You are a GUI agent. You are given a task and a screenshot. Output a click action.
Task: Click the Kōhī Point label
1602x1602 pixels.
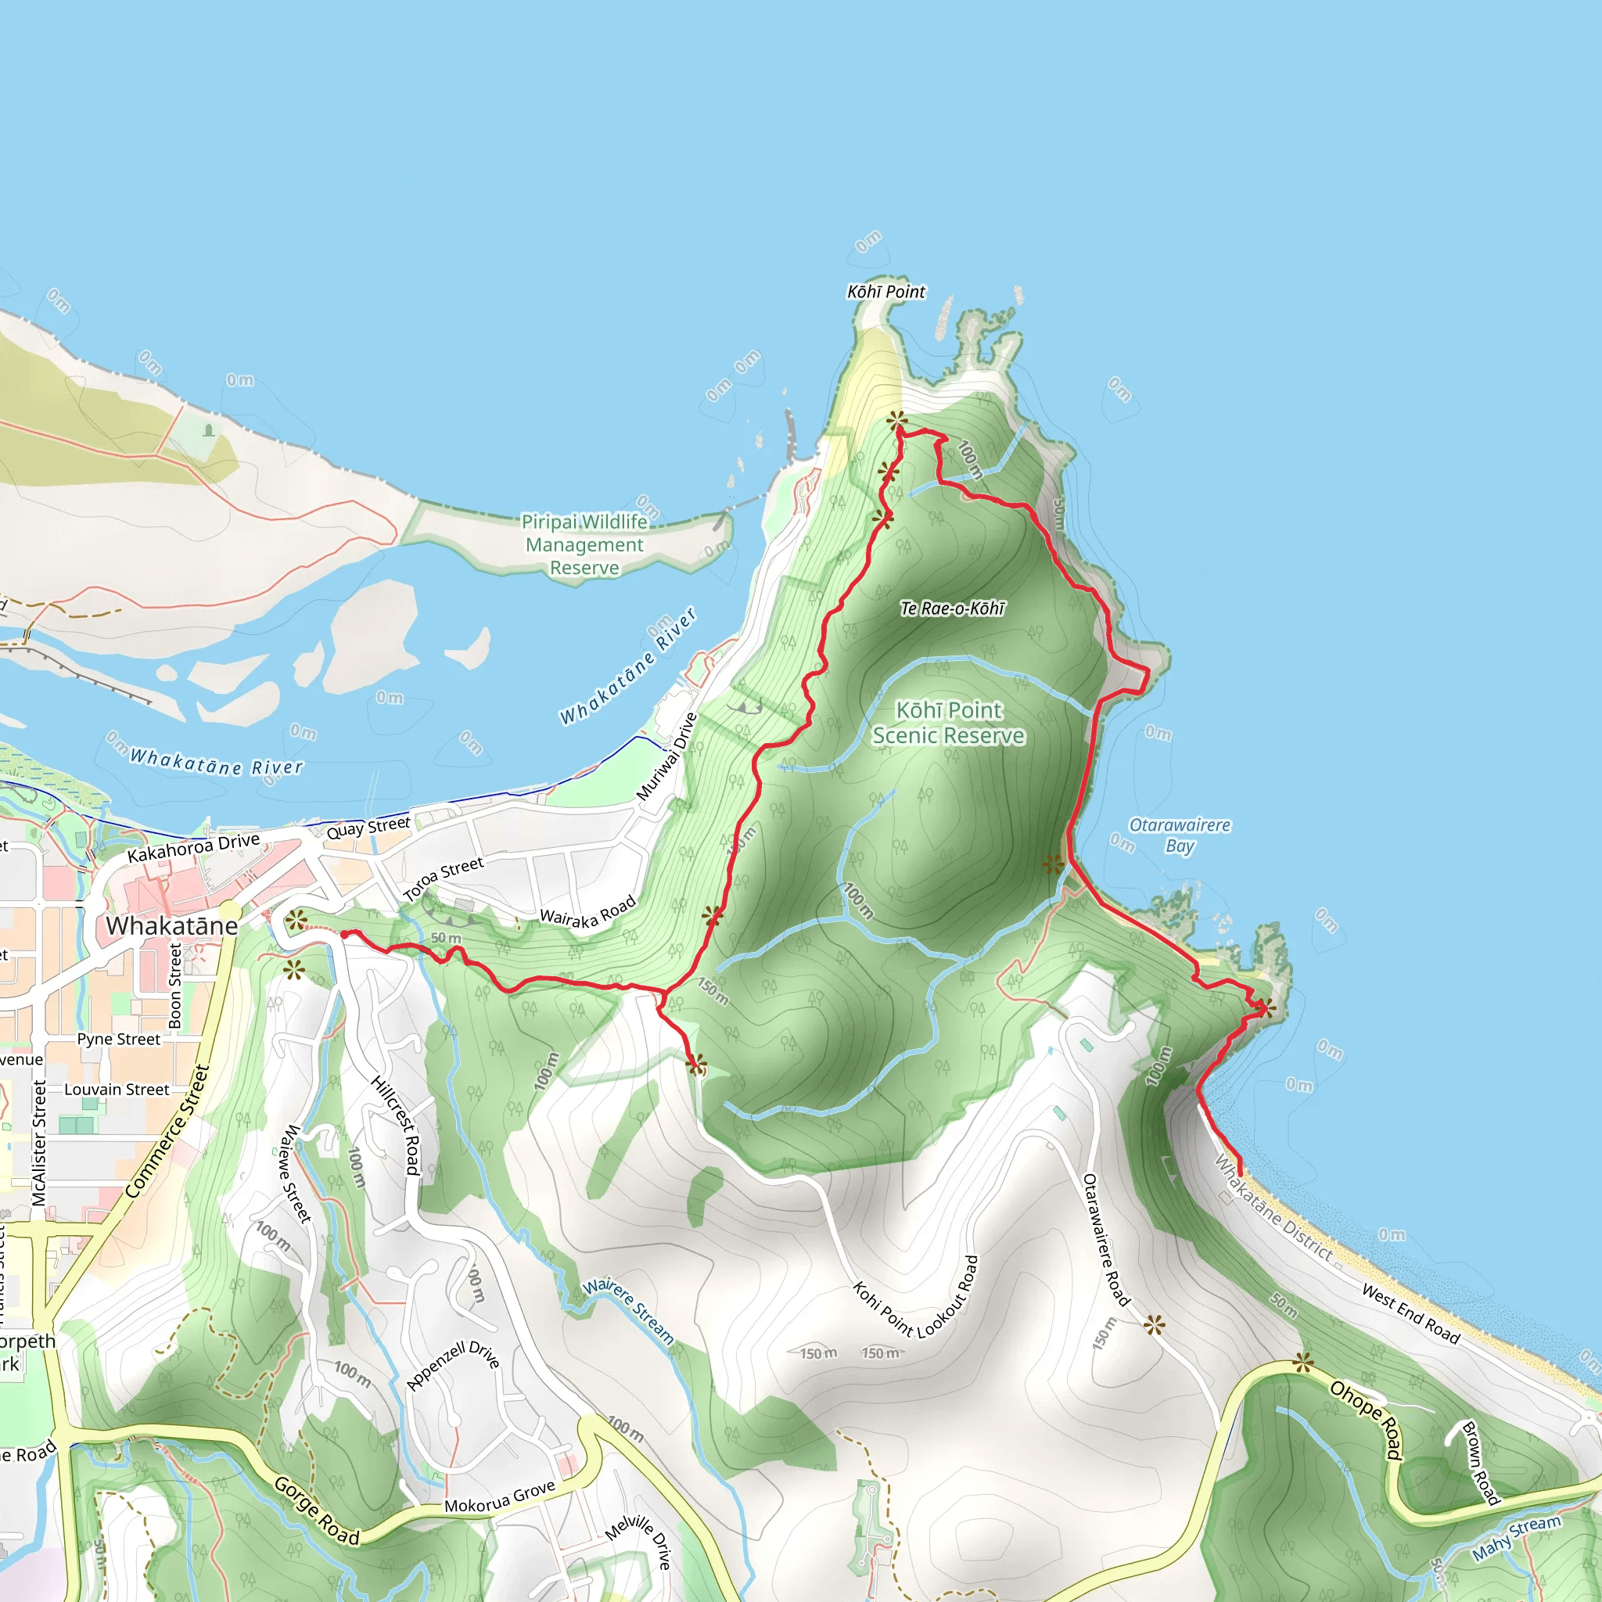click(885, 292)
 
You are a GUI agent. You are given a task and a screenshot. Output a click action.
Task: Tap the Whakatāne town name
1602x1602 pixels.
click(171, 925)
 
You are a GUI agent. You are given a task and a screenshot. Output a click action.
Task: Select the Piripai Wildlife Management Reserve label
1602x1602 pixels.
click(584, 544)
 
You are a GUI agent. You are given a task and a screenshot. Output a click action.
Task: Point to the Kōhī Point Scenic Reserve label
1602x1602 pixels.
click(949, 723)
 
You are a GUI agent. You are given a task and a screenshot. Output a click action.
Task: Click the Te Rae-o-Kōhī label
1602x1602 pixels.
click(952, 609)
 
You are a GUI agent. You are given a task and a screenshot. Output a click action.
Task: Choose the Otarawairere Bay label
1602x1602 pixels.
click(1179, 835)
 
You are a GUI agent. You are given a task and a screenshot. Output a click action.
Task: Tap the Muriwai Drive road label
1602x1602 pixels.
click(666, 756)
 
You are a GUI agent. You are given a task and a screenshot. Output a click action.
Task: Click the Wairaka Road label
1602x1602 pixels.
click(587, 911)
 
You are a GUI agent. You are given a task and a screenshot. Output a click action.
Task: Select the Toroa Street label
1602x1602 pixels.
click(443, 879)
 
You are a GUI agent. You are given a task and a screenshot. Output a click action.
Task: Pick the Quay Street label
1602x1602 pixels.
click(368, 828)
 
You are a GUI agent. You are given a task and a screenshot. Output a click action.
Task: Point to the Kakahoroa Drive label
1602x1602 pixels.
click(193, 847)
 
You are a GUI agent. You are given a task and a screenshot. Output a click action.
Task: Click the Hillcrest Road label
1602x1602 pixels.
click(396, 1125)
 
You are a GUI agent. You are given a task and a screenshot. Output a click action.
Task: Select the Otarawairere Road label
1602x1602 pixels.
click(1106, 1241)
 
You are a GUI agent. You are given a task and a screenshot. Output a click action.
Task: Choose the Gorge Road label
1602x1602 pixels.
click(317, 1510)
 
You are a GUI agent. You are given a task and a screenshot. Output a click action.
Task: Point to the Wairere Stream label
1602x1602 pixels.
click(627, 1310)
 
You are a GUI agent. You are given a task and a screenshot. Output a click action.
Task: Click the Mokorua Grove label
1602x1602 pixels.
click(499, 1497)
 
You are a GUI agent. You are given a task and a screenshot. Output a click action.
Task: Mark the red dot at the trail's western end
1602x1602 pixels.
click(344, 935)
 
